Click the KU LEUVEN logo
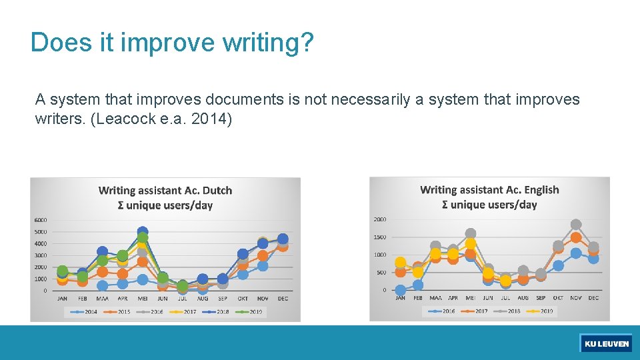pos(606,343)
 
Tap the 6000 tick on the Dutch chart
pos(40,220)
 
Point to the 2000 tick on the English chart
pos(379,219)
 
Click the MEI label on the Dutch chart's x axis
pos(142,299)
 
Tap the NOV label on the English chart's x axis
pos(576,298)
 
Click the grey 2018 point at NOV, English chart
pos(576,225)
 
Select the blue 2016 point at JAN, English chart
pos(400,290)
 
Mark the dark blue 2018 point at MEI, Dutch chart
pos(142,232)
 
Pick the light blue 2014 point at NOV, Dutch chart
pos(263,266)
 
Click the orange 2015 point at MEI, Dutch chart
pos(142,261)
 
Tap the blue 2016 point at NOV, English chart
pos(576,253)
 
